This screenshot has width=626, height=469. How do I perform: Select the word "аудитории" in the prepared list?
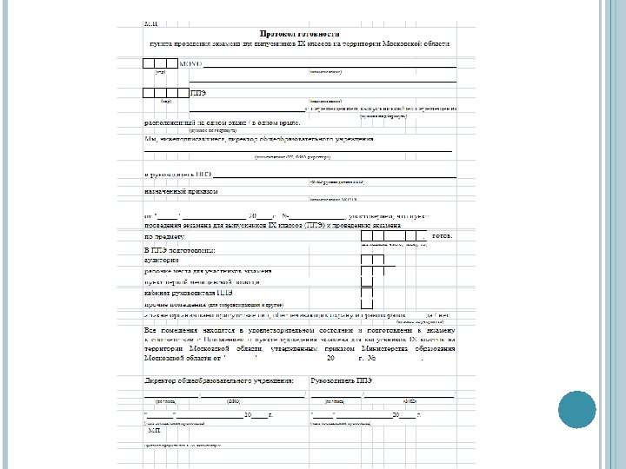coord(162,260)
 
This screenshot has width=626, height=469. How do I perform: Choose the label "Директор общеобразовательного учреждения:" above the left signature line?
coord(218,380)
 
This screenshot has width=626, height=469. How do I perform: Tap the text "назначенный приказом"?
coord(178,190)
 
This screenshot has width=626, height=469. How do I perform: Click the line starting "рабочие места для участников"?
coord(209,271)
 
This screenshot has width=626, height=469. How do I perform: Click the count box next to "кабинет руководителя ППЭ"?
coord(366,293)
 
